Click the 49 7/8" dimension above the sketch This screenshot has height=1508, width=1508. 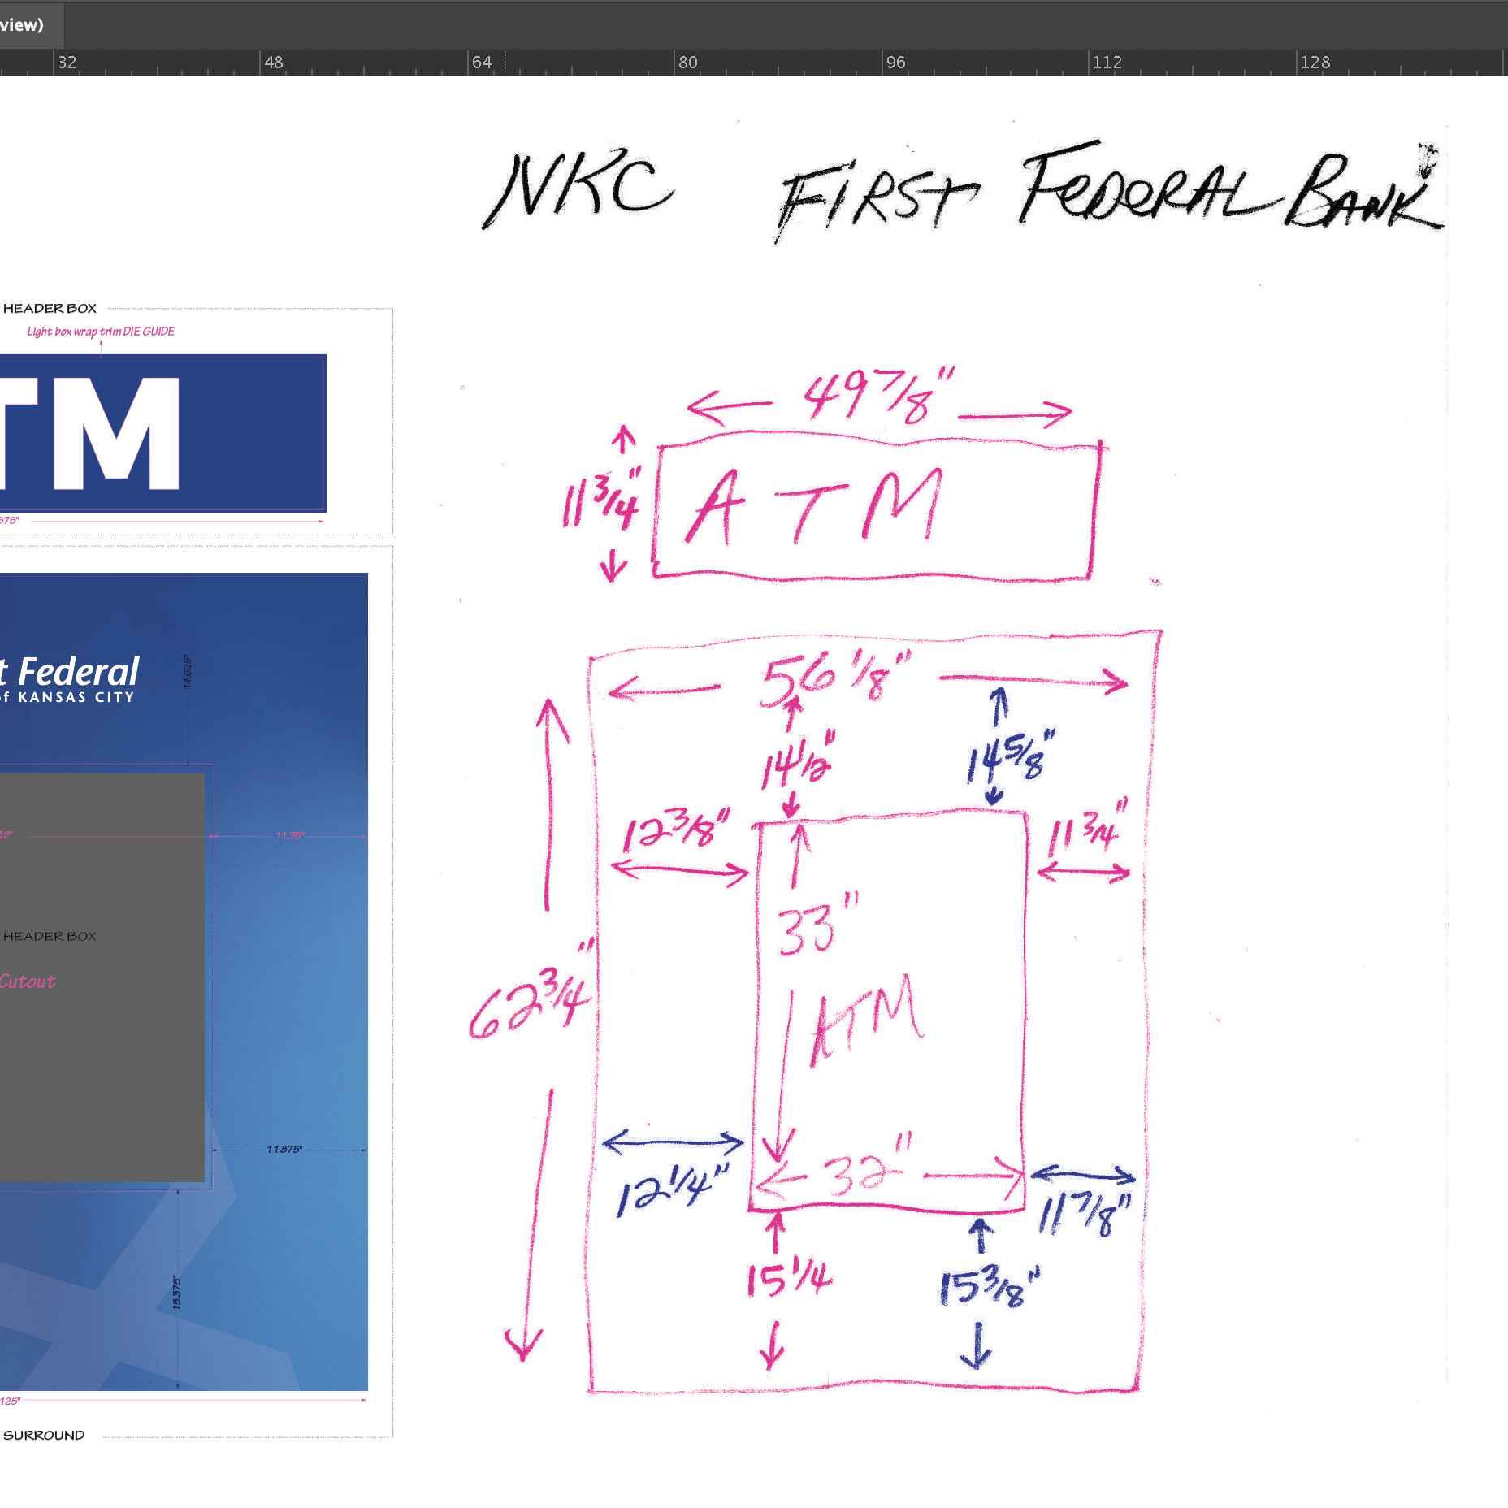(x=877, y=396)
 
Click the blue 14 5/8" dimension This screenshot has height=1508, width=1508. (x=1010, y=758)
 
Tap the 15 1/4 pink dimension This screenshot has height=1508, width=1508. (x=788, y=1279)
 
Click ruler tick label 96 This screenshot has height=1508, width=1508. (x=895, y=63)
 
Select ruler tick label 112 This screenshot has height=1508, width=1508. (x=1107, y=63)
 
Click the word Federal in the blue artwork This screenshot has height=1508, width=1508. (x=79, y=673)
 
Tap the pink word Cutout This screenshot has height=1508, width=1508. (x=28, y=981)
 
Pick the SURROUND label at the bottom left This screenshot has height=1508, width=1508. (x=44, y=1435)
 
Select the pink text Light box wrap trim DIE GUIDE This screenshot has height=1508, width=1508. (x=101, y=331)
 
